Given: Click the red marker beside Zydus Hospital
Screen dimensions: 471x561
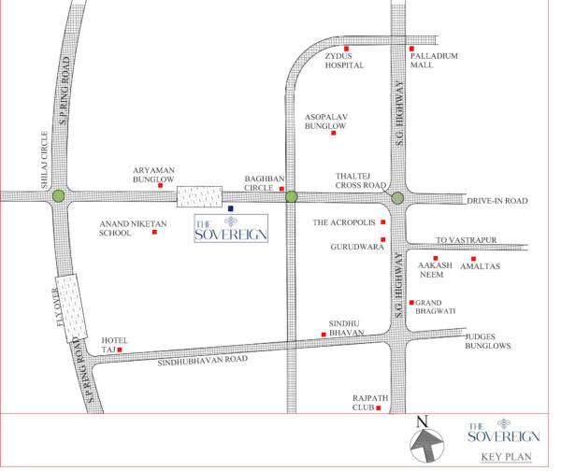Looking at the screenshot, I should point(346,49).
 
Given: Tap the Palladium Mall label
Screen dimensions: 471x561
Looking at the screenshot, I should point(435,61).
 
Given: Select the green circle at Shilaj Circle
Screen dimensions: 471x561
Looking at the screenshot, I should point(59,196).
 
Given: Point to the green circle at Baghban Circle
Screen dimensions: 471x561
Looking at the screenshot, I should point(291,196).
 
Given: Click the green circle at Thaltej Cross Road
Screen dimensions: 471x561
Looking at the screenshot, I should point(397,197).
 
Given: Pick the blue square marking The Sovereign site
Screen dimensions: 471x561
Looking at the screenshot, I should point(230,208).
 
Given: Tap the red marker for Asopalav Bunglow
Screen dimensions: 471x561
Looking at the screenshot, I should point(333,133).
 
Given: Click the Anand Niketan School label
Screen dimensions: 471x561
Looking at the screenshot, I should point(125,229).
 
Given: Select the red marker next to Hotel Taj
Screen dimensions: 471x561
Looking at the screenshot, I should point(120,350).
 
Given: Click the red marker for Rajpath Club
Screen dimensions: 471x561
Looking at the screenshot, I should point(378,407).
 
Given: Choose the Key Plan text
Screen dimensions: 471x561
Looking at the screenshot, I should point(506,457).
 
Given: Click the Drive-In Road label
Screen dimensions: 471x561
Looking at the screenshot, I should point(497,201).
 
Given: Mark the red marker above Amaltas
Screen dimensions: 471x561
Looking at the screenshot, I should point(473,258).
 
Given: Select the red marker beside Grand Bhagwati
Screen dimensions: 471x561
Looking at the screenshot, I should point(411,303).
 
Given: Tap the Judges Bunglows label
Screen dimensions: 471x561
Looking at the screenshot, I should point(488,341).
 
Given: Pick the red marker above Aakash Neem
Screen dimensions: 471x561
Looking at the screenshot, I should point(436,258).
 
